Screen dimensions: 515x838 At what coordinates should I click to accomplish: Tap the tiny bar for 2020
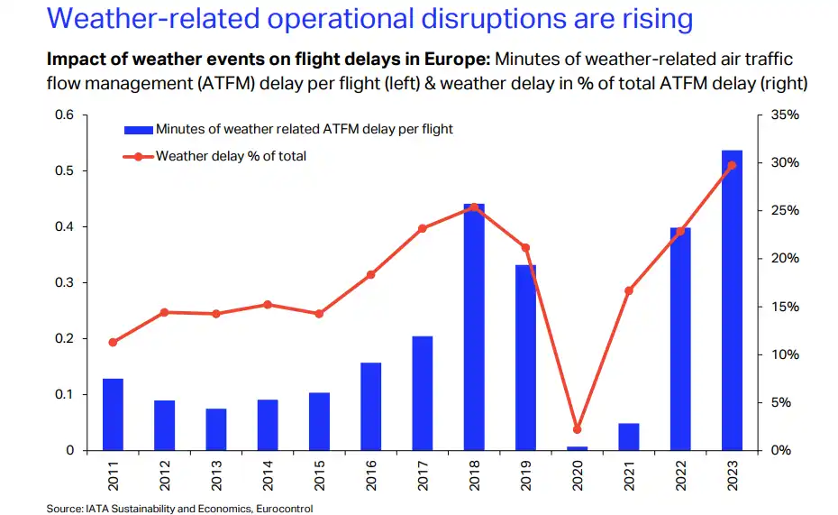tap(577, 447)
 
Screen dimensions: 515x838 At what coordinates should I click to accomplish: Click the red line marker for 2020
tap(577, 429)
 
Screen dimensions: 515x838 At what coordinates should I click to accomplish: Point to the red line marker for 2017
tap(423, 228)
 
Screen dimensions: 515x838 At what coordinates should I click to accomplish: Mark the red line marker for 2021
tap(629, 290)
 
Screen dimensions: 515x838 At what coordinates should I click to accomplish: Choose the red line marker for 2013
tap(216, 314)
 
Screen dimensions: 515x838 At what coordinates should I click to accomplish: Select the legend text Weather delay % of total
tap(231, 156)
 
